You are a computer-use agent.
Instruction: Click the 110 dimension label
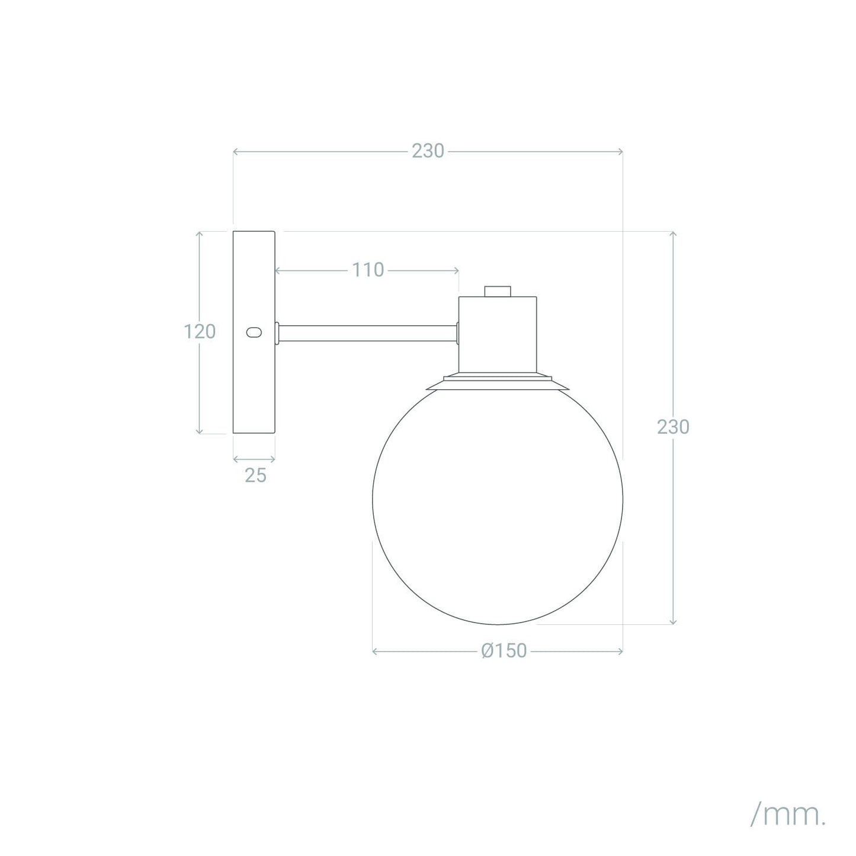(368, 270)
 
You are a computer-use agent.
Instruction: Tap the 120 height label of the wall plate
(200, 332)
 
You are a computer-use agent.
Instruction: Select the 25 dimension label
(255, 476)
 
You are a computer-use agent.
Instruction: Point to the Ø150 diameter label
(504, 651)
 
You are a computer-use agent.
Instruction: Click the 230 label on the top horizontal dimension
(428, 152)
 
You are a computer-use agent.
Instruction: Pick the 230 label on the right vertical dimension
(673, 427)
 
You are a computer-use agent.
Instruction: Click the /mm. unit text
(788, 813)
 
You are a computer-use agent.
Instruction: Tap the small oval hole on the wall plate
(254, 332)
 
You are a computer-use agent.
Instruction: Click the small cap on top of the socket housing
(498, 291)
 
